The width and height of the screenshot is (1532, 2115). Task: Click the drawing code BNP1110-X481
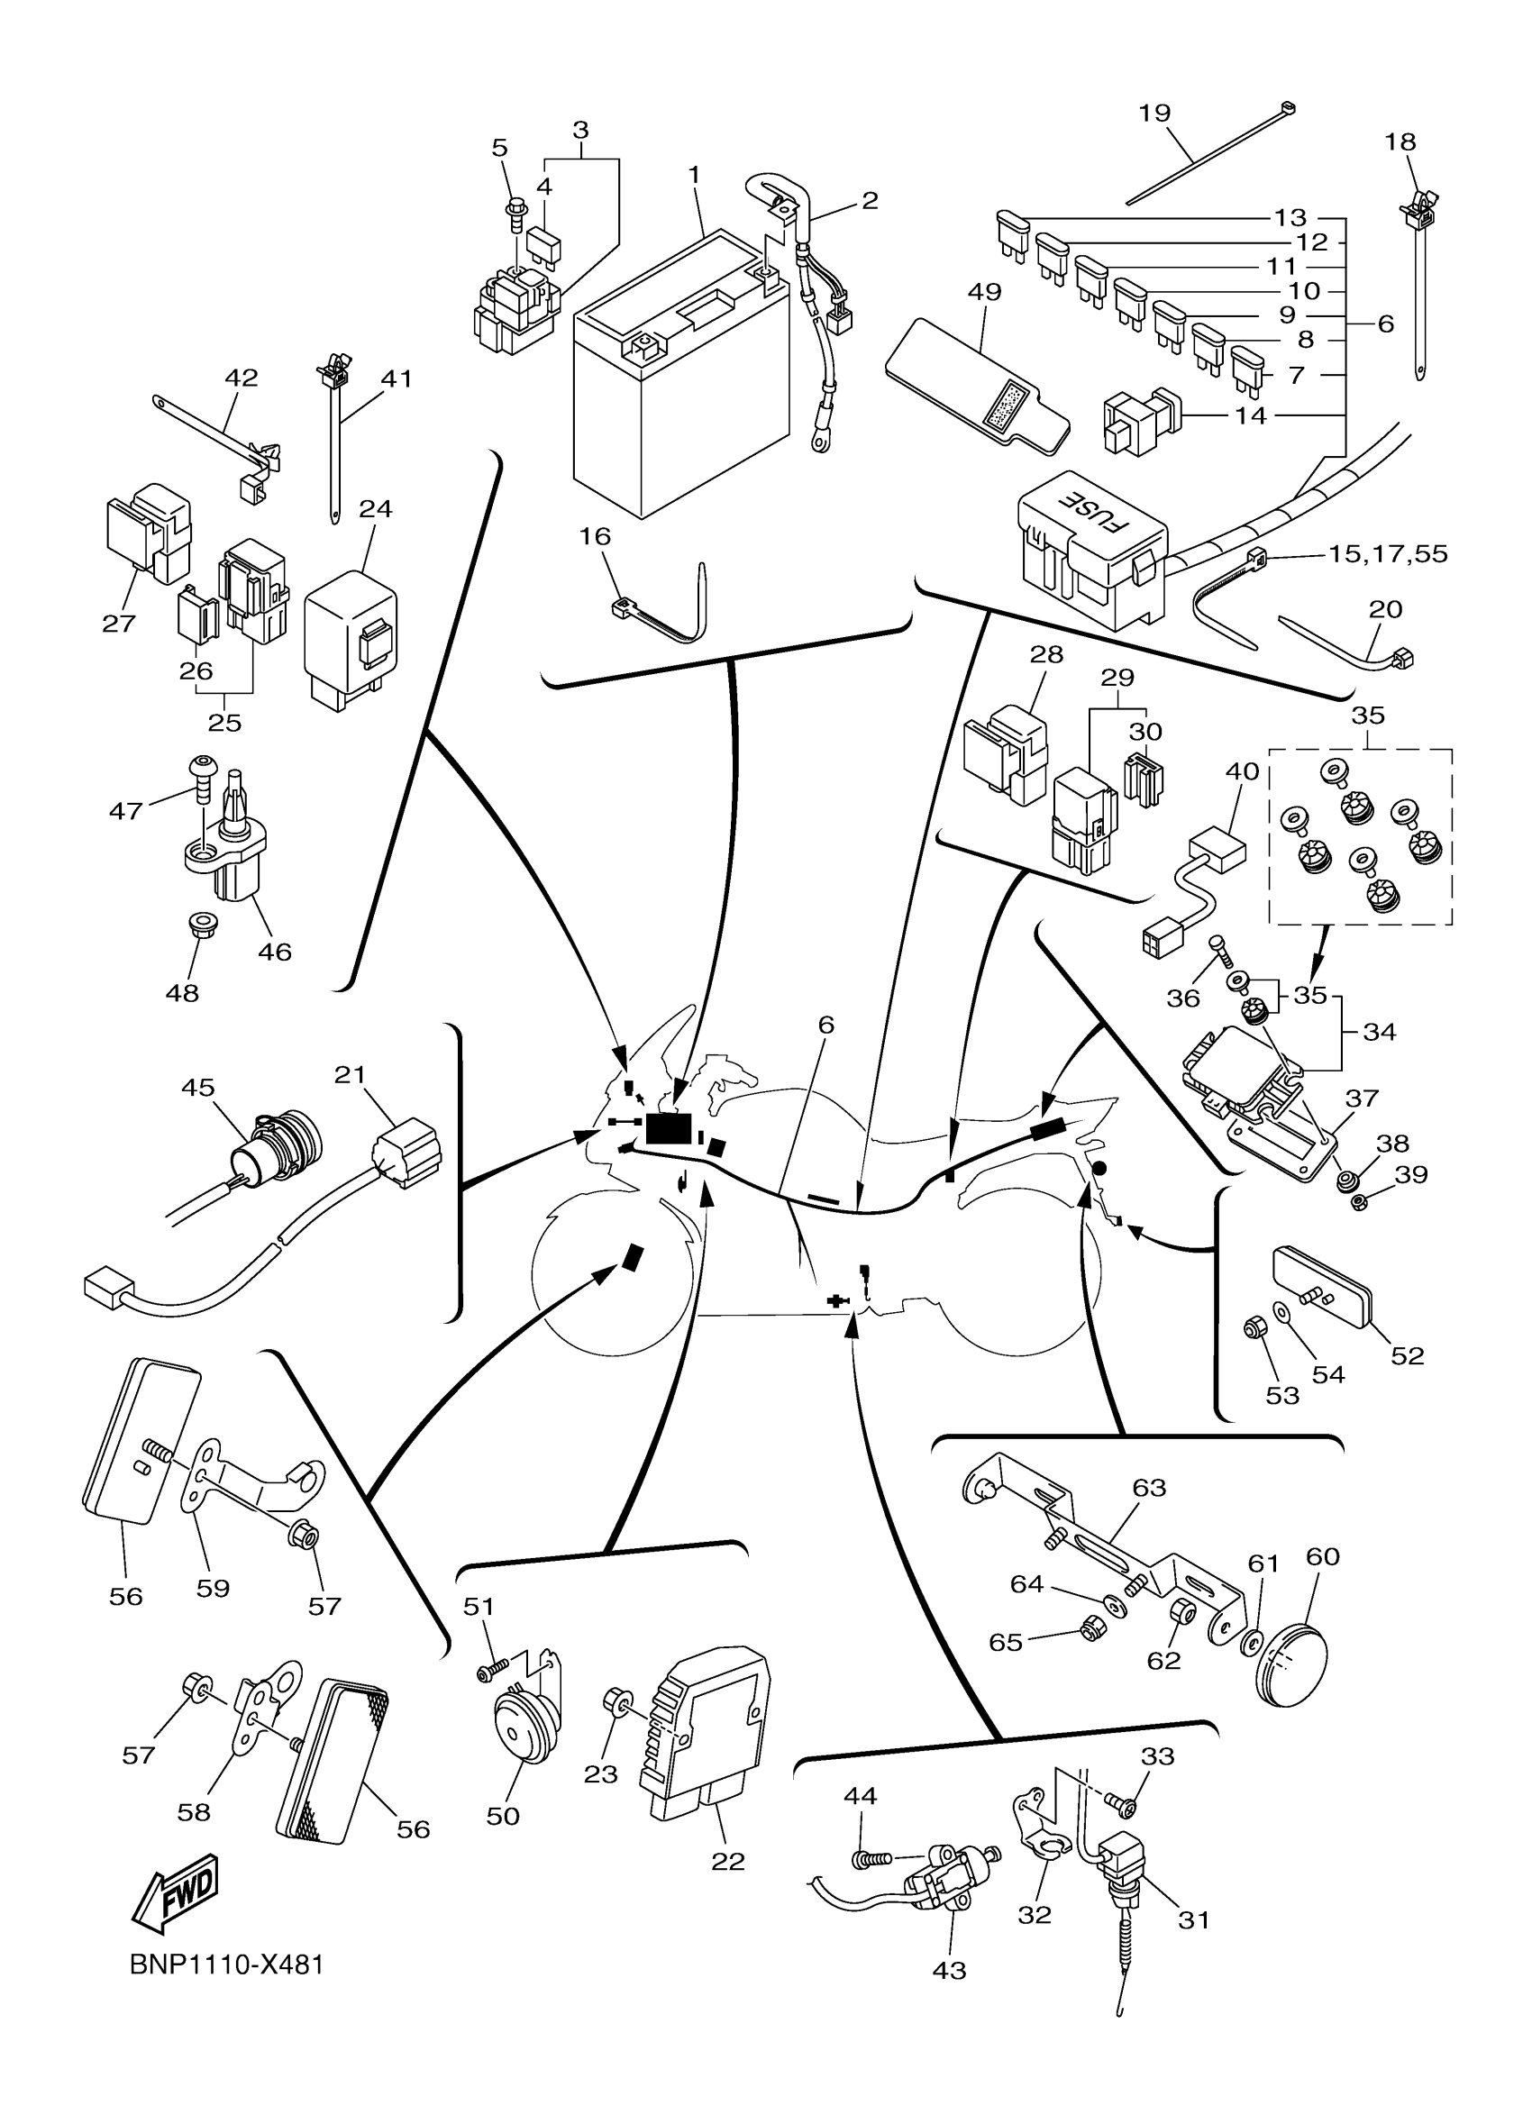(226, 1965)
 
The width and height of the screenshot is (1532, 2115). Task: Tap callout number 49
(985, 292)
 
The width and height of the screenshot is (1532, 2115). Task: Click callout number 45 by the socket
(197, 1088)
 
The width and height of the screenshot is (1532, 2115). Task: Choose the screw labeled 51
(491, 1673)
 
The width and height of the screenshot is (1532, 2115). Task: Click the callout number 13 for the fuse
(1290, 217)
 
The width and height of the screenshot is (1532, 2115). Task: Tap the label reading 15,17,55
(1388, 554)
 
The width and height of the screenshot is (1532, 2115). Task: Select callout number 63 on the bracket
(1149, 1488)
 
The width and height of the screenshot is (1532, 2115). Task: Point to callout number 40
(1242, 771)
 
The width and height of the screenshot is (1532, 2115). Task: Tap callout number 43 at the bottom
(949, 1971)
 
